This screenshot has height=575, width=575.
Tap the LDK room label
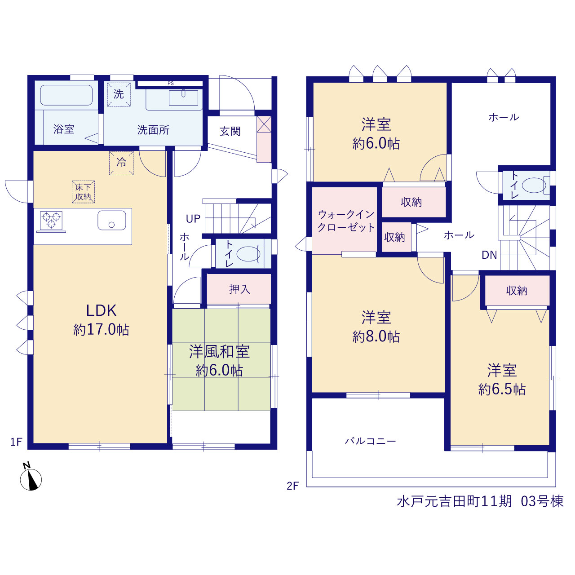(x=101, y=310)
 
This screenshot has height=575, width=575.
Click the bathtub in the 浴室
(x=66, y=95)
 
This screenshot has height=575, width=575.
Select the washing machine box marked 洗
(x=119, y=94)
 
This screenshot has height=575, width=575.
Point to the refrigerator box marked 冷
(x=121, y=163)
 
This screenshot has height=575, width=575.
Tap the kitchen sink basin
(x=111, y=220)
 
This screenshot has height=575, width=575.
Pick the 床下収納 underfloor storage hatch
(x=83, y=192)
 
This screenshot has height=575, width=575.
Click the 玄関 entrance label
(x=230, y=131)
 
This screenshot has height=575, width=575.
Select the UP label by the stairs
(x=193, y=219)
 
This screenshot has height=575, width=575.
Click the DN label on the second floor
(x=489, y=255)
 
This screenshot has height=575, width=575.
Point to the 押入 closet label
(x=239, y=289)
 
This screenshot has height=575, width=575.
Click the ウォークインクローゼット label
(x=346, y=221)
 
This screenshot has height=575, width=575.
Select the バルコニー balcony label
(x=370, y=441)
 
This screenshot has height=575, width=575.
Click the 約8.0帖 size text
(x=376, y=336)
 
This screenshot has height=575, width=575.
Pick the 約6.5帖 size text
(x=502, y=389)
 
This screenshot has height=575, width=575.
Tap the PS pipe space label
(x=171, y=84)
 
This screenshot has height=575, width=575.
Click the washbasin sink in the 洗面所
(x=184, y=97)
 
